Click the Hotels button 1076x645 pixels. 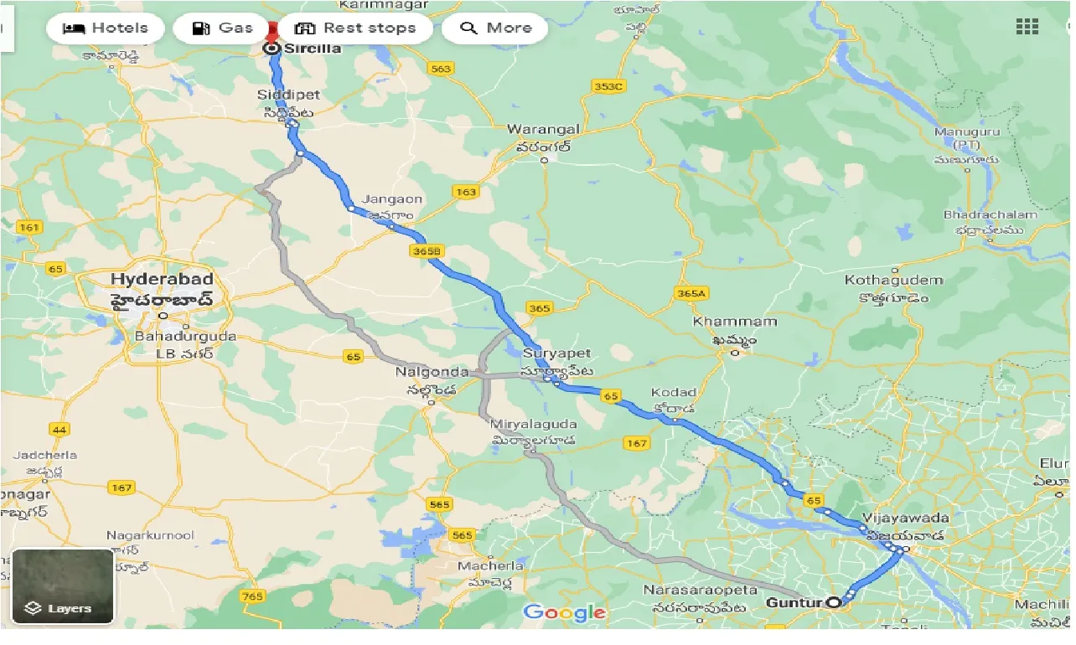point(106,28)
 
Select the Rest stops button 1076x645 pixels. point(355,28)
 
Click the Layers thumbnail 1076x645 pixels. point(63,586)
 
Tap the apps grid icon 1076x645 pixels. point(1027,27)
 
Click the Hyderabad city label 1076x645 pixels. point(162,279)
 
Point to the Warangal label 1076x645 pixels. point(543,130)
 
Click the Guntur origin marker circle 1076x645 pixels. point(833,601)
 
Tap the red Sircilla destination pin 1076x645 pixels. point(272,34)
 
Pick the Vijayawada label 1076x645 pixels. point(905,518)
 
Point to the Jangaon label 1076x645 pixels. point(392,200)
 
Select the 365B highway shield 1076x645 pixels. point(427,250)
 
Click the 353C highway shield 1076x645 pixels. point(608,86)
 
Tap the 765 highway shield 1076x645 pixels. point(251,596)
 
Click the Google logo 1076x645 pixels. point(564,613)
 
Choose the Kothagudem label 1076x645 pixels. point(894,280)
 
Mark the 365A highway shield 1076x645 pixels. point(691,293)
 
